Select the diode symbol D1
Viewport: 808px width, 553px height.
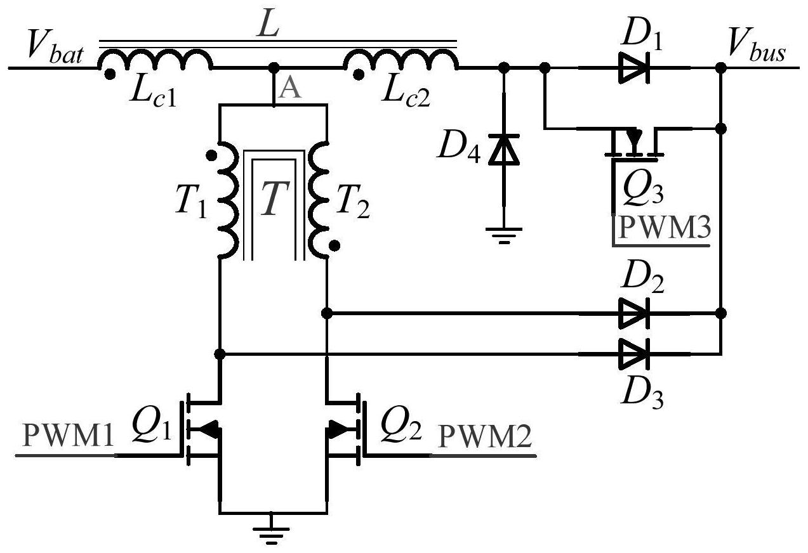(x=635, y=68)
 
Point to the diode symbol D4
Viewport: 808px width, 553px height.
(x=504, y=149)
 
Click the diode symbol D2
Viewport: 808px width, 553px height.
(x=635, y=313)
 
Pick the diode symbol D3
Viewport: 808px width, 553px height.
(x=635, y=354)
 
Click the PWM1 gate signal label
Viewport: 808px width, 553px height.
(x=68, y=436)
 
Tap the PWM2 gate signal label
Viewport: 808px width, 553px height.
(x=485, y=436)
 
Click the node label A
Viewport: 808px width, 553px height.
(x=289, y=89)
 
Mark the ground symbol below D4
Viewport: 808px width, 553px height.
(x=504, y=236)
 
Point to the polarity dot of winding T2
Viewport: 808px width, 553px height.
(x=334, y=246)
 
